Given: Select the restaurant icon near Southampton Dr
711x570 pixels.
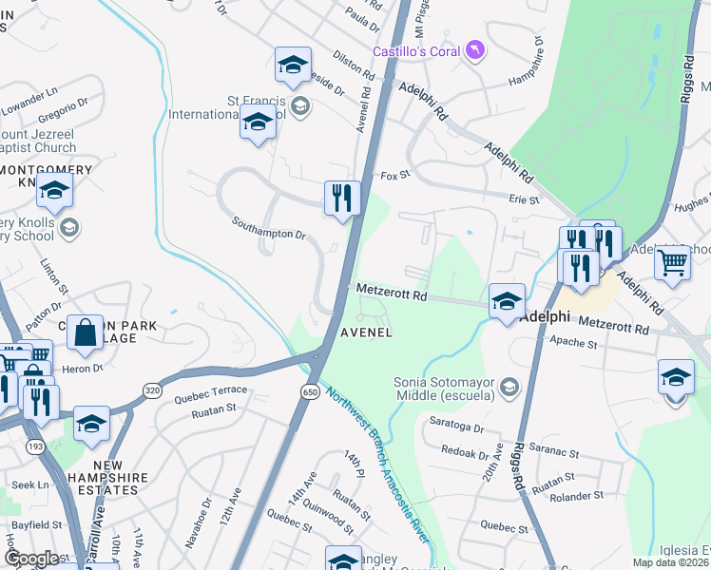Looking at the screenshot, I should click(x=342, y=199).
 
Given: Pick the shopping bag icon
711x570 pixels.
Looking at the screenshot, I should click(x=85, y=333).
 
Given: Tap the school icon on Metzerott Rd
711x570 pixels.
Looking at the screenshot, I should click(x=507, y=301).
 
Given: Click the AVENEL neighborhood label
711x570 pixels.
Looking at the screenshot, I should click(x=367, y=332).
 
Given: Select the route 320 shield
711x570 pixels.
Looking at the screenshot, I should click(x=151, y=390).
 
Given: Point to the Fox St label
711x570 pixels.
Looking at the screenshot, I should click(x=394, y=176).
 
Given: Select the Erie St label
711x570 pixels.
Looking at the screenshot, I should click(x=524, y=200).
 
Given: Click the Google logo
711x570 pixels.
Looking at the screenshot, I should click(x=31, y=559).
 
